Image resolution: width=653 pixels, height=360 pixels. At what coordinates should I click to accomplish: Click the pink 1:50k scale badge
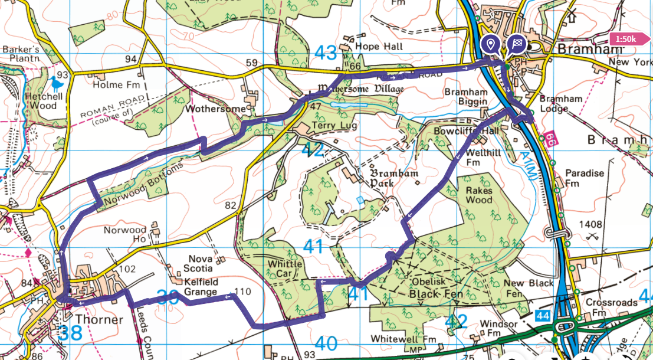pos(631,40)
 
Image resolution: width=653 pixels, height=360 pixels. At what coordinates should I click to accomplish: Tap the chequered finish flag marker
pos(517,44)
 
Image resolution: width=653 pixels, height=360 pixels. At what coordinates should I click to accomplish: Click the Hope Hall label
pos(380,47)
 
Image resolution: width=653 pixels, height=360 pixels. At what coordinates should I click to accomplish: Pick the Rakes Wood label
pos(479,195)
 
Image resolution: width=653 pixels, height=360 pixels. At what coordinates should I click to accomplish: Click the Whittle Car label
pos(284,269)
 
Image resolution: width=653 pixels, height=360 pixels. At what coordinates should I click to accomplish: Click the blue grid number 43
pos(326,53)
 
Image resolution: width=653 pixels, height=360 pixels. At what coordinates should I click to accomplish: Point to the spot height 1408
pos(591,224)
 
